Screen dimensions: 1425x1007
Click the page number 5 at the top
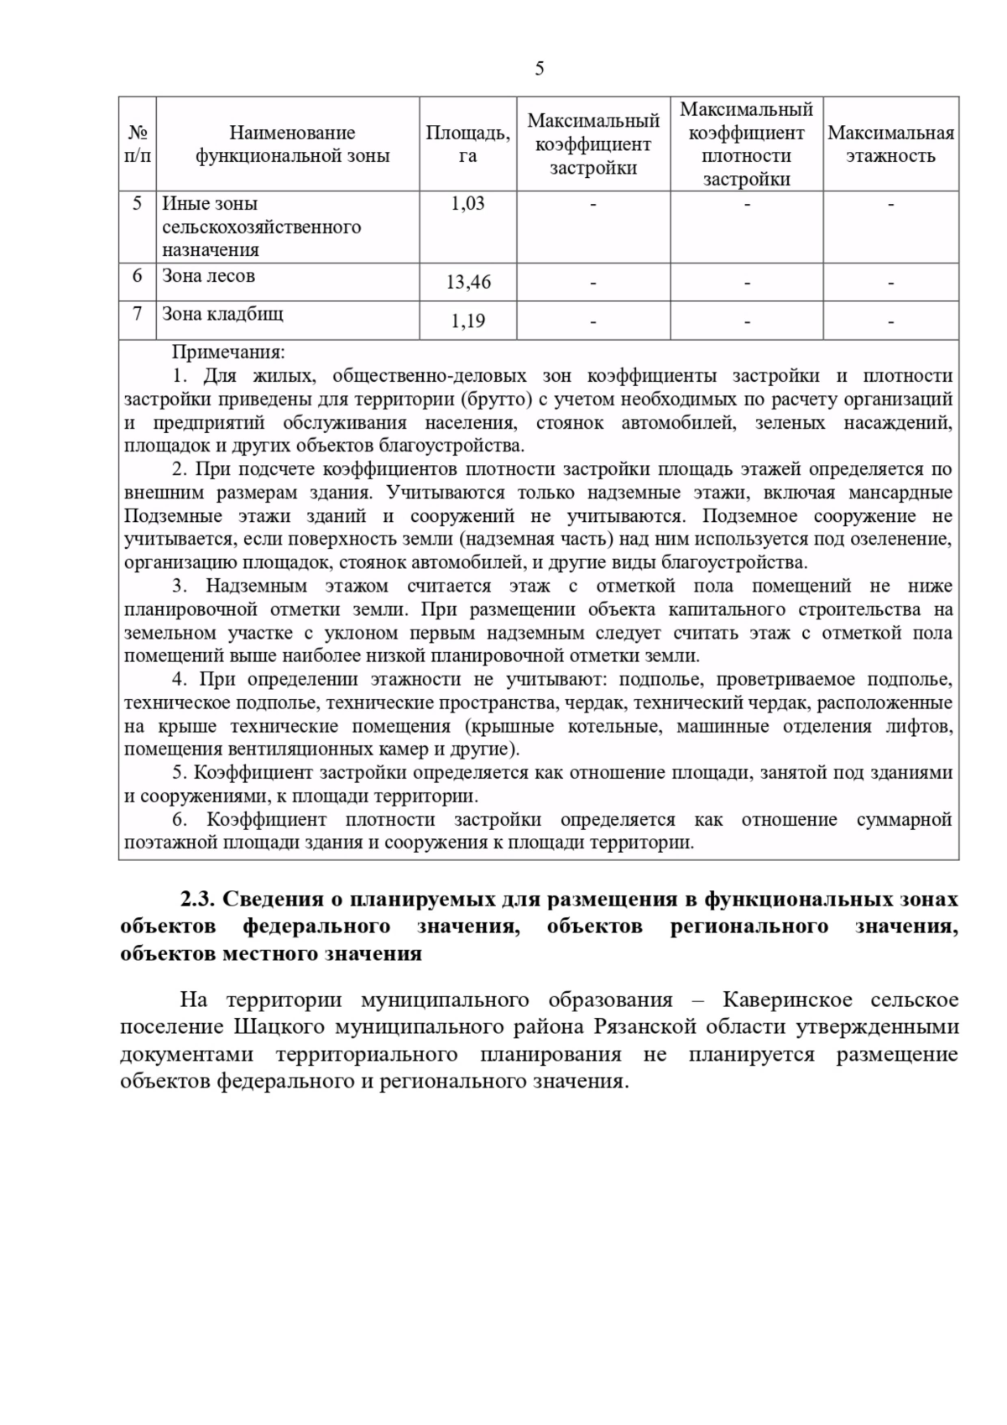pyautogui.click(x=539, y=69)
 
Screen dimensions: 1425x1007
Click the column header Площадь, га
pyautogui.click(x=467, y=144)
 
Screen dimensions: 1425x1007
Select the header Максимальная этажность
pyautogui.click(x=890, y=144)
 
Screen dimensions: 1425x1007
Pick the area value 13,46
pyautogui.click(x=468, y=283)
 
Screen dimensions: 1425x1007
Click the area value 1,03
pyautogui.click(x=467, y=203)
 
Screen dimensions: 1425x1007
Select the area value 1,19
pyautogui.click(x=468, y=321)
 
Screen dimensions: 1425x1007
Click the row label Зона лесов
pyautogui.click(x=208, y=276)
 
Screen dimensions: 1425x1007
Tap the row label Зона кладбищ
pyautogui.click(x=222, y=314)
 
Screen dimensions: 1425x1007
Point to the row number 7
pyautogui.click(x=138, y=314)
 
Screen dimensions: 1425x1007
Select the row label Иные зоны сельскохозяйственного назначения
pyautogui.click(x=260, y=227)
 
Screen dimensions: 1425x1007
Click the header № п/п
pyautogui.click(x=138, y=144)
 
